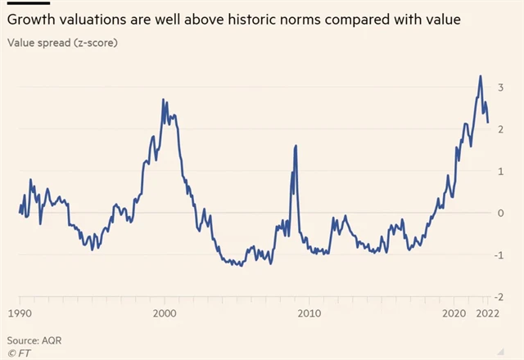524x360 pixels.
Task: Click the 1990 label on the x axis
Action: (20, 313)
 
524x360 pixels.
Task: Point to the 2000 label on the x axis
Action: (165, 313)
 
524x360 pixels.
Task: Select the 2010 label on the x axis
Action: (309, 313)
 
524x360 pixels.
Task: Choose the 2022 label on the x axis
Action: (489, 313)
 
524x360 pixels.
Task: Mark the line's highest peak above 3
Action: (480, 77)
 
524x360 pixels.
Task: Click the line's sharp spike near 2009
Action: (295, 146)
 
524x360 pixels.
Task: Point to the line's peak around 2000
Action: (163, 100)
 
